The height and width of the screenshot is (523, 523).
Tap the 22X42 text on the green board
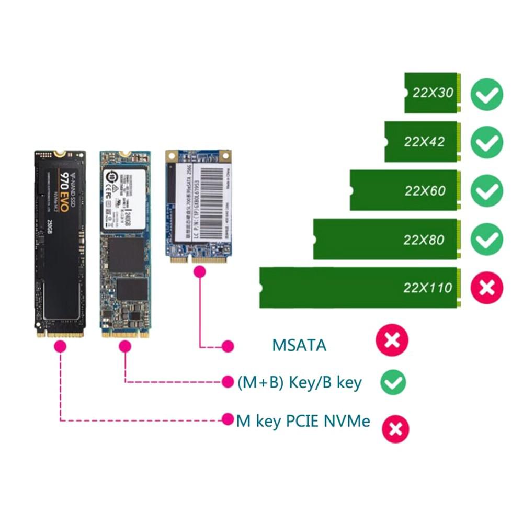[424, 142]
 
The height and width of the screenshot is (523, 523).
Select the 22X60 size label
[425, 190]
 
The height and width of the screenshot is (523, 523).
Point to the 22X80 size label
[424, 240]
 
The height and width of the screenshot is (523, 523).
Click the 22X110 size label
[427, 287]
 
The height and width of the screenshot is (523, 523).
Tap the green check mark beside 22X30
[486, 94]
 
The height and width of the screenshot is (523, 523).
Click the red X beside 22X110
[486, 287]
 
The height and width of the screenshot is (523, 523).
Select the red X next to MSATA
[392, 340]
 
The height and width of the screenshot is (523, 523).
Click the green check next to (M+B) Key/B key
[392, 382]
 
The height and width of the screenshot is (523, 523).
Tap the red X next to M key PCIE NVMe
[395, 429]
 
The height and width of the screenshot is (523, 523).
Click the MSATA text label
[299, 345]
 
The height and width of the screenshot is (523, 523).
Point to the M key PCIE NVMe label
[303, 421]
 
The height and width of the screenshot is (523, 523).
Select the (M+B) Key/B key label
[299, 382]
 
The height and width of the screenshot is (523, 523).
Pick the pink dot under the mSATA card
[199, 272]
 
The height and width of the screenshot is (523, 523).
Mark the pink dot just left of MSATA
[228, 346]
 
